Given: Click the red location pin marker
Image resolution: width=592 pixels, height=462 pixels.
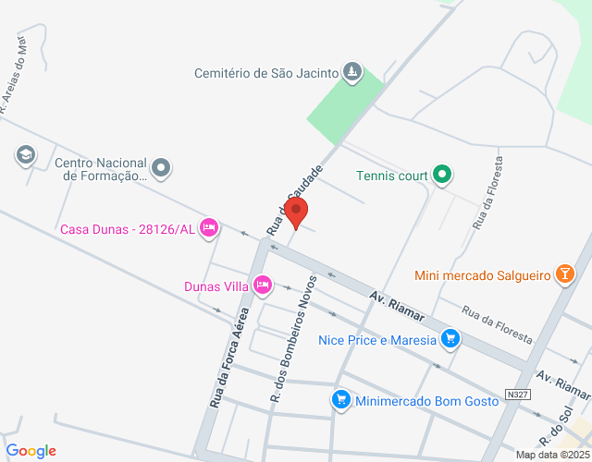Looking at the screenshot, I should (x=296, y=213).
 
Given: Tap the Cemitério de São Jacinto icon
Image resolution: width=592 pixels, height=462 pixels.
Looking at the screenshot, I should (x=352, y=71).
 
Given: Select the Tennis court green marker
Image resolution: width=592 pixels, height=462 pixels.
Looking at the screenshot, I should (x=442, y=174).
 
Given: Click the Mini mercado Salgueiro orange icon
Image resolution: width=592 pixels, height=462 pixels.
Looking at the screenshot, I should (x=562, y=274).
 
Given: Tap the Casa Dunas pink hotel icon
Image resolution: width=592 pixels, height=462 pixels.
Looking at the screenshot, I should (x=209, y=226).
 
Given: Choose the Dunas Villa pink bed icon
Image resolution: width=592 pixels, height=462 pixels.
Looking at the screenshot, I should (x=263, y=285).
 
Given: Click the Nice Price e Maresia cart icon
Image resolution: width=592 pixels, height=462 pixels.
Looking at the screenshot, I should (x=450, y=338).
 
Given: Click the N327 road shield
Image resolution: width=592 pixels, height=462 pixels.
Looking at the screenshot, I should (x=518, y=395).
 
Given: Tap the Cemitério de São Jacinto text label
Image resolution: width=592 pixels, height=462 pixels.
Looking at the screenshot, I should (x=265, y=72).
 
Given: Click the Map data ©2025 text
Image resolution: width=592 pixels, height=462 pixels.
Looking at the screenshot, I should (x=552, y=455).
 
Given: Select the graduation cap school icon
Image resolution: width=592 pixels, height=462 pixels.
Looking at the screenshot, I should (x=26, y=154).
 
